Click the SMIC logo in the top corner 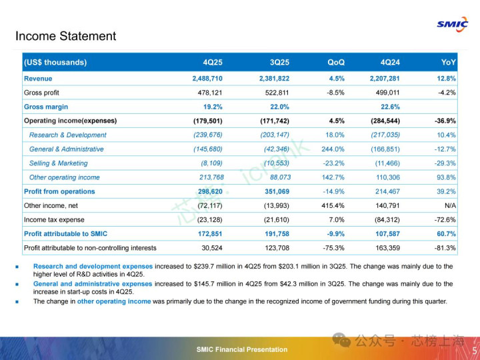point(452,23)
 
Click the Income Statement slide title point(65,36)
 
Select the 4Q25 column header point(213,63)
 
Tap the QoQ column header point(336,63)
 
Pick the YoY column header point(449,63)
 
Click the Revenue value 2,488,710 point(207,79)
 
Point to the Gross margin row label point(46,107)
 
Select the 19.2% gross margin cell point(213,107)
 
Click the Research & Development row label point(67,135)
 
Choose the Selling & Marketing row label point(58,163)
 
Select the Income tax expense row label point(54,220)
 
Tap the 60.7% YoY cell point(446,234)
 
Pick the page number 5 point(474,351)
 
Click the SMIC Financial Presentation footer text point(242,350)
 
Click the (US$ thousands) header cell point(55,63)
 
